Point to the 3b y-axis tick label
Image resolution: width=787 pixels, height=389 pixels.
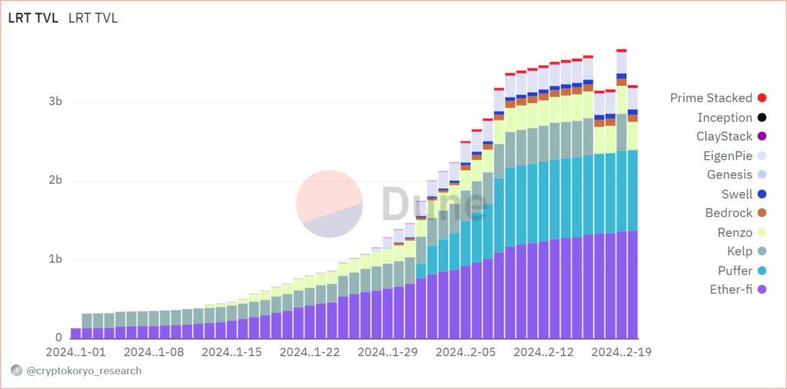point(55,102)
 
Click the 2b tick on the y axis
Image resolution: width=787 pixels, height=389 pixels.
point(55,181)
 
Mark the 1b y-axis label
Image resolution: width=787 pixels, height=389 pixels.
point(55,260)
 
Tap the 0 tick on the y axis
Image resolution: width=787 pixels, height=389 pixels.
point(58,338)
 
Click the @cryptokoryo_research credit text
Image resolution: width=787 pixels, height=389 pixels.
point(84,371)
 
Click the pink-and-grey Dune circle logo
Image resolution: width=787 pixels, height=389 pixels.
point(329,204)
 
